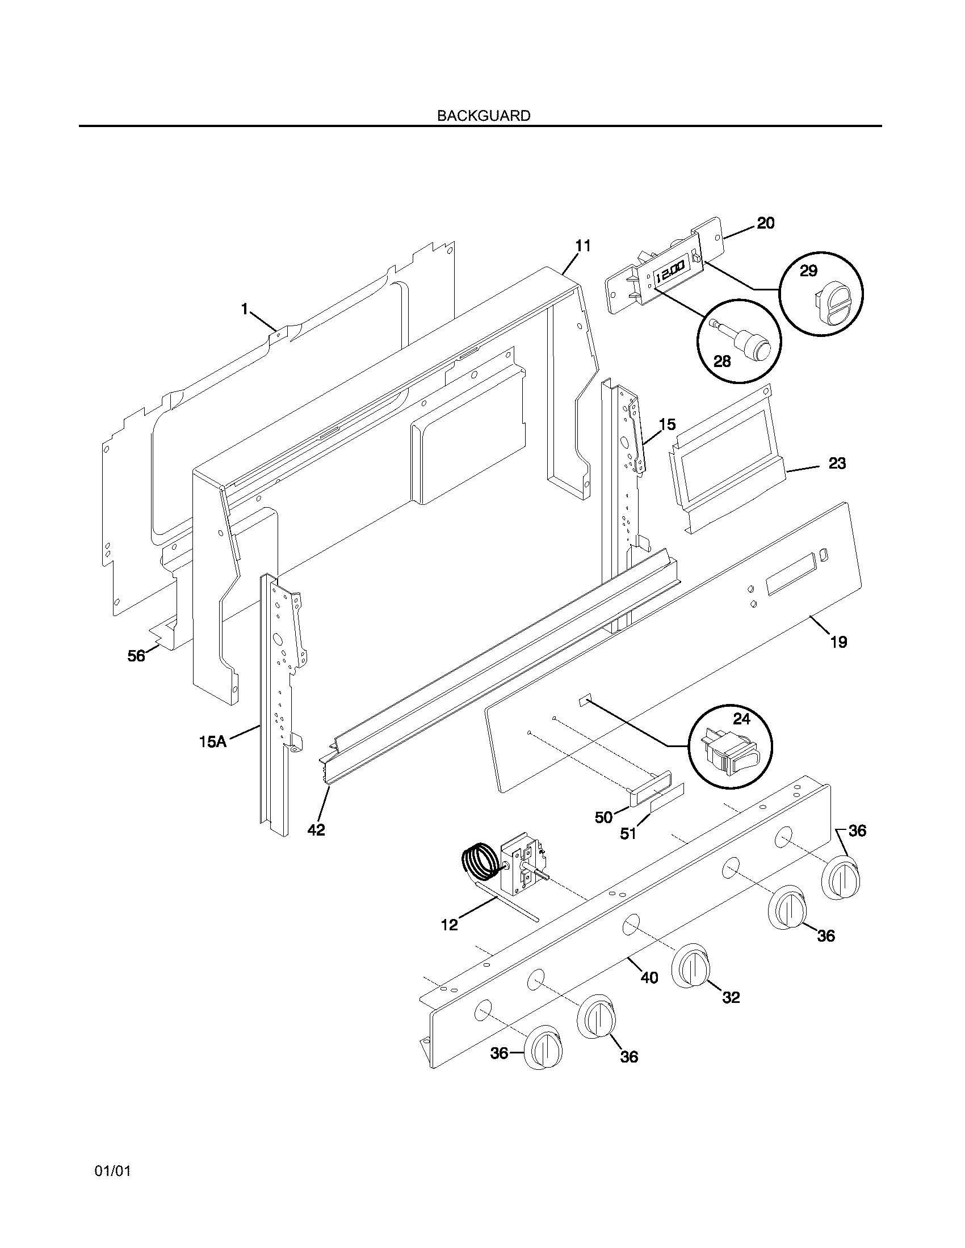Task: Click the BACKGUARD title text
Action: point(483,115)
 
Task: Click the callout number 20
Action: point(766,224)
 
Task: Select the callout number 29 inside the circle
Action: point(808,270)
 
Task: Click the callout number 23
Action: point(837,463)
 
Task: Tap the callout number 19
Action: point(838,642)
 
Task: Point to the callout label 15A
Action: point(212,743)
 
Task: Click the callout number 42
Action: point(316,830)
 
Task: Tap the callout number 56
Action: point(136,656)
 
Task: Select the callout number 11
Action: point(582,246)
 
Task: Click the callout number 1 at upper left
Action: point(245,309)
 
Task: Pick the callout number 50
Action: point(604,817)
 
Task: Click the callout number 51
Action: point(628,834)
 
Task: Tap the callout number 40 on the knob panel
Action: point(649,978)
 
